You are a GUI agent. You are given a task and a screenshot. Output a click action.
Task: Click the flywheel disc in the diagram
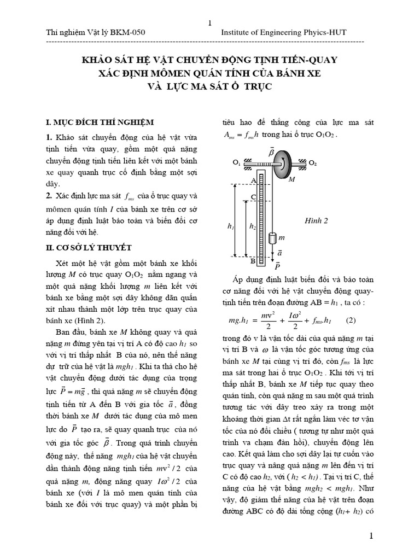(284, 163)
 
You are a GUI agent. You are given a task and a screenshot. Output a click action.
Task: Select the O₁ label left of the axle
(236, 163)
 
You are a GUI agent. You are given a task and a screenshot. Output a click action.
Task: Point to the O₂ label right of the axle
(312, 163)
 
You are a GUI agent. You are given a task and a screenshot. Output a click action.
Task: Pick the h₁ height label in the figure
(230, 225)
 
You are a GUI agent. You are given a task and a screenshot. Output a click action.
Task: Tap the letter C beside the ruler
(253, 196)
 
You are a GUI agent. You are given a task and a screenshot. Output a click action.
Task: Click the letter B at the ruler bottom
(253, 261)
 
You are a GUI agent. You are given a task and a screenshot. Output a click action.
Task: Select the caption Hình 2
(316, 221)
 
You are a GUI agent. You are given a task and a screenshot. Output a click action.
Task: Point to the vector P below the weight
(277, 266)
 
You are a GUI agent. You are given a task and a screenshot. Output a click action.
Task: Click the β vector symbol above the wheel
(271, 151)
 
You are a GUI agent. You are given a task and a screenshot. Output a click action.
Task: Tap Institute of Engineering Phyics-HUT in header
(283, 33)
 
